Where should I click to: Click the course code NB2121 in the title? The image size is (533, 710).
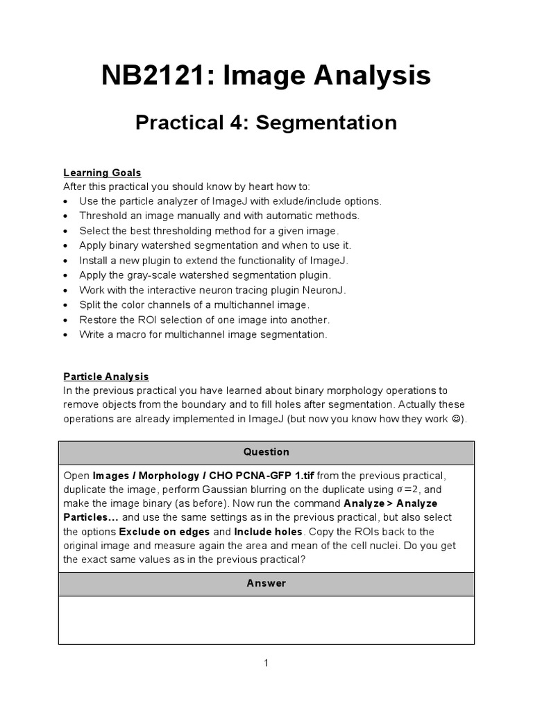156,76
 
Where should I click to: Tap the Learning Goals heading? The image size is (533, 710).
102,173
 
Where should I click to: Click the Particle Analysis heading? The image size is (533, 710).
106,376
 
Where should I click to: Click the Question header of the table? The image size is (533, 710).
266,452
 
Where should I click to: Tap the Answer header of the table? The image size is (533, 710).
266,583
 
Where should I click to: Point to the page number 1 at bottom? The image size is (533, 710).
266,664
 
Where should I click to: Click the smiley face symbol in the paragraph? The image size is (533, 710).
457,419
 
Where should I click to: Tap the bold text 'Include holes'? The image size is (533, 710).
268,532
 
